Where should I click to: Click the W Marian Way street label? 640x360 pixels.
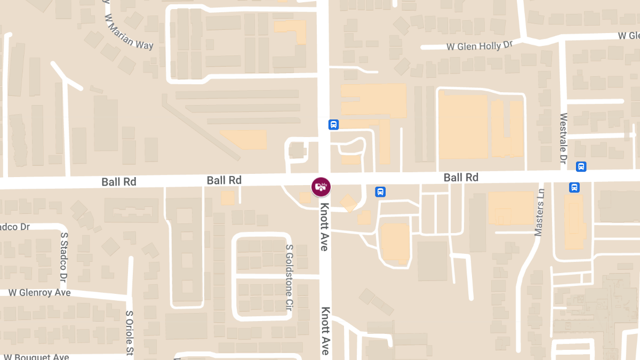pyautogui.click(x=129, y=33)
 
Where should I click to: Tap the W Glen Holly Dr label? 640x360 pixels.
pyautogui.click(x=479, y=46)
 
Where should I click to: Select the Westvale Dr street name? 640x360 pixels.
pyautogui.click(x=563, y=138)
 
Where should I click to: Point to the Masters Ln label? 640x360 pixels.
pyautogui.click(x=539, y=212)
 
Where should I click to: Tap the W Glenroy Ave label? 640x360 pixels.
pyautogui.click(x=39, y=293)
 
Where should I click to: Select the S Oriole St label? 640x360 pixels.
pyautogui.click(x=129, y=333)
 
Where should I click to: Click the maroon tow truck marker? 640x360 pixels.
pyautogui.click(x=321, y=187)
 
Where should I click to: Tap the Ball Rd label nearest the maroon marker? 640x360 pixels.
pyautogui.click(x=224, y=180)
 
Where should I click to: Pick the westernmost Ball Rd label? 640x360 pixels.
pyautogui.click(x=118, y=182)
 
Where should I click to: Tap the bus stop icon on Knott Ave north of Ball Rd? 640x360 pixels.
pyautogui.click(x=333, y=125)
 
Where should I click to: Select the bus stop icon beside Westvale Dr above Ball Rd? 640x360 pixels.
pyautogui.click(x=581, y=166)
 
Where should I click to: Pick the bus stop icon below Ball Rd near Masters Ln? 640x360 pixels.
pyautogui.click(x=574, y=187)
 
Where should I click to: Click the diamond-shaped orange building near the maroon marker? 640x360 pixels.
pyautogui.click(x=349, y=203)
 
